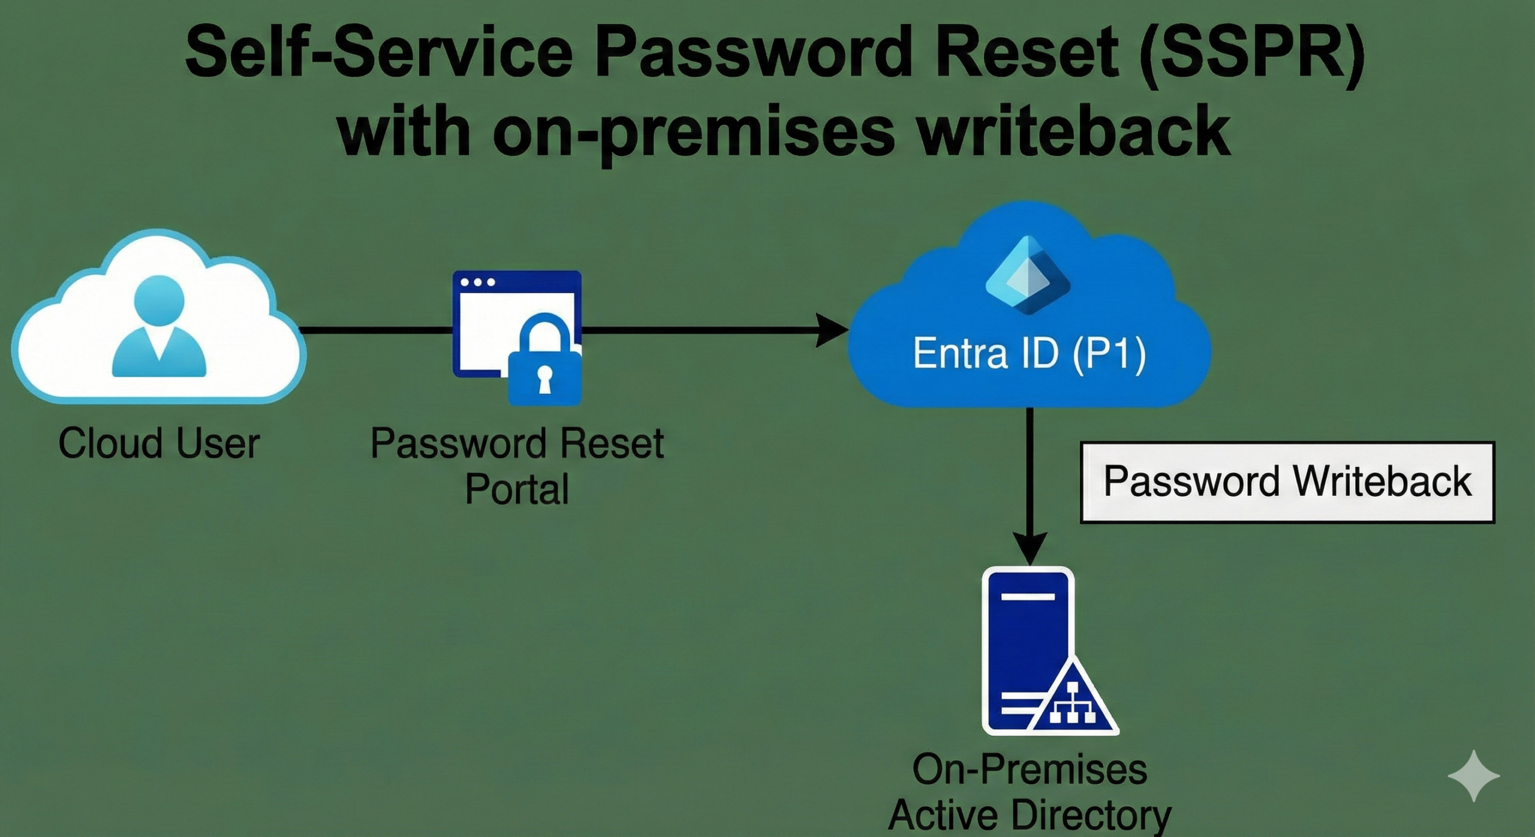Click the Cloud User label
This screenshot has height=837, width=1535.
tap(159, 443)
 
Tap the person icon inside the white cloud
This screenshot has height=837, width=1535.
tap(159, 327)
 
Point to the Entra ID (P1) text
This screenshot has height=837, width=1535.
tap(1029, 353)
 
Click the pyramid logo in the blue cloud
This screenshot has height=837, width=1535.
tap(1028, 276)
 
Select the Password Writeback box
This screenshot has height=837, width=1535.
tap(1287, 482)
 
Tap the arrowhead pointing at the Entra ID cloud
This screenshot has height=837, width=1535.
tap(832, 330)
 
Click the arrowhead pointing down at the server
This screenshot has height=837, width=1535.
tap(1030, 547)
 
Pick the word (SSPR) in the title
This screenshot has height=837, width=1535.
tap(1251, 54)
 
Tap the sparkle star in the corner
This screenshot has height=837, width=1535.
tap(1473, 775)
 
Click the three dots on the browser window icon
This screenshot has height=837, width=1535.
tap(477, 282)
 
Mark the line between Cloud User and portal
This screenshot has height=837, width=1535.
tap(375, 330)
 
